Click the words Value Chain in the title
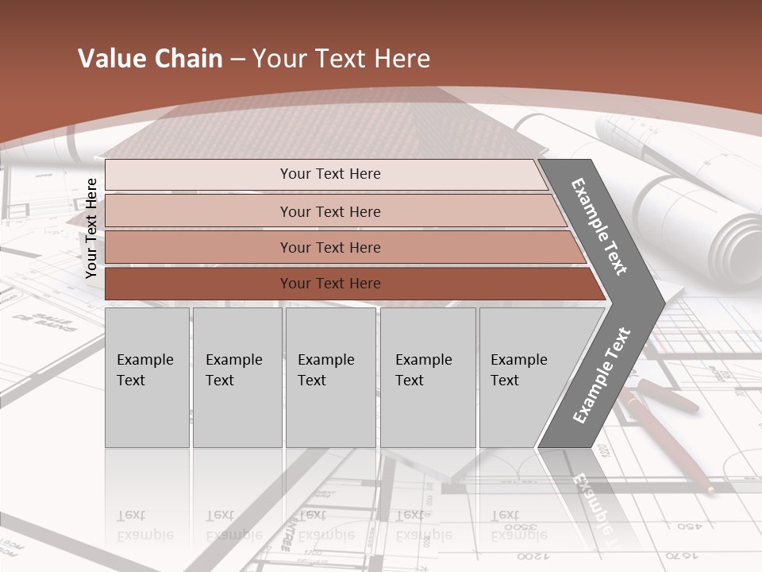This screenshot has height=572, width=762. point(150,59)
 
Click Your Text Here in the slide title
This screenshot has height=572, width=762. point(341,59)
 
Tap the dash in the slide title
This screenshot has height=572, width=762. point(237,60)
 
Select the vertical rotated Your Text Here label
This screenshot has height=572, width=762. point(91,228)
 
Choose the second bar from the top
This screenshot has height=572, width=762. point(330,211)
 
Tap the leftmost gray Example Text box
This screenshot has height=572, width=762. point(147,377)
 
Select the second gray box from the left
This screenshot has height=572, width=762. point(237,377)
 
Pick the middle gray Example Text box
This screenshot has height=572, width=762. point(330,377)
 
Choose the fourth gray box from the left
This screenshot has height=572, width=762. point(428,377)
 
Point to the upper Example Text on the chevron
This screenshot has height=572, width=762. point(599,226)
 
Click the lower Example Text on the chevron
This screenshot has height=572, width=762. point(601,376)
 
